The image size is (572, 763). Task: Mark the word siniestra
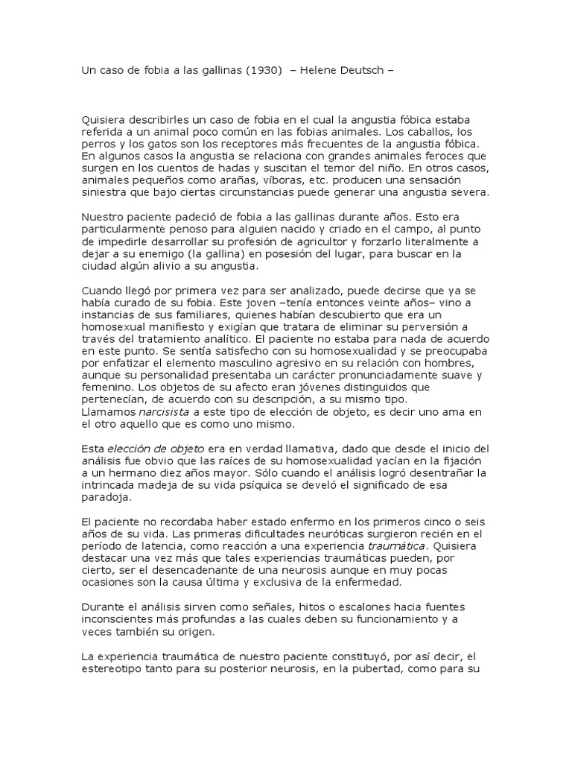(x=107, y=191)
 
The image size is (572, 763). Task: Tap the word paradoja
(x=105, y=496)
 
